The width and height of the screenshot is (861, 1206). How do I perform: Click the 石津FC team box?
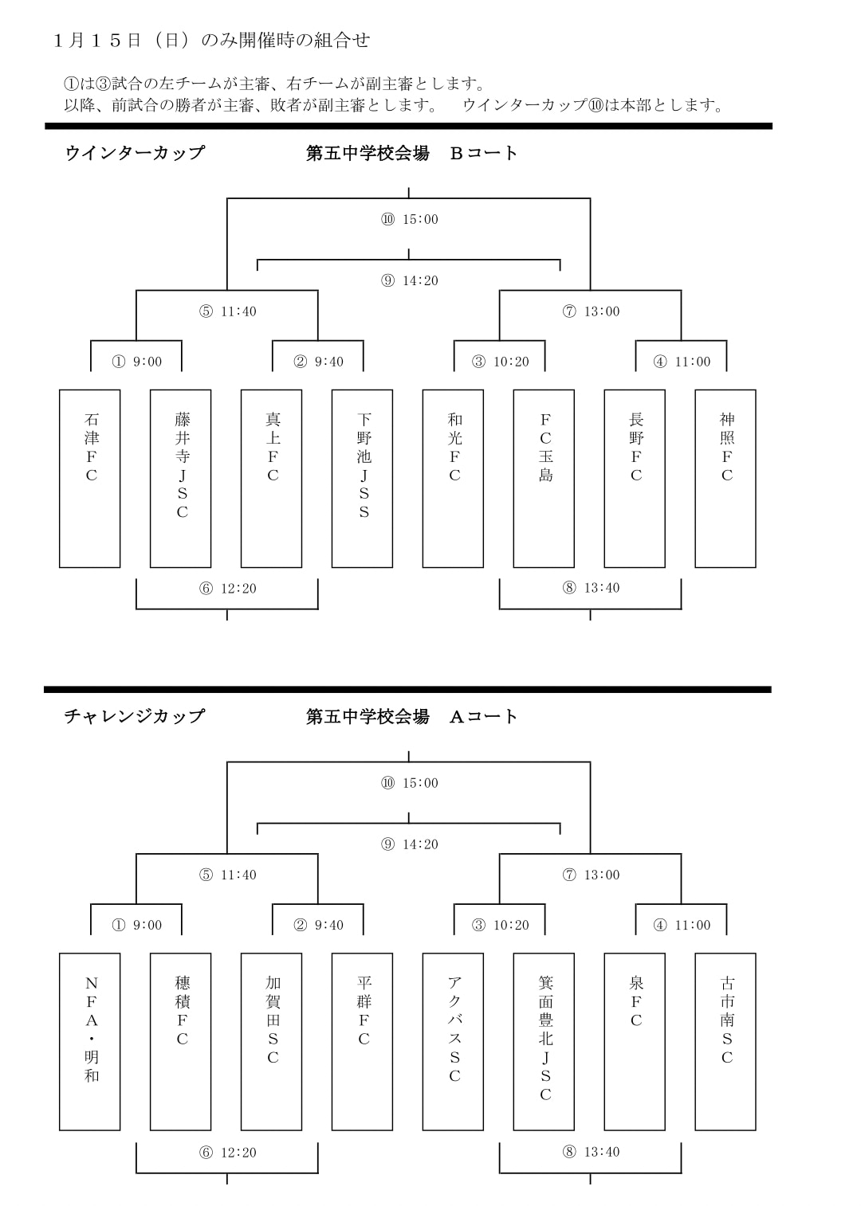(89, 478)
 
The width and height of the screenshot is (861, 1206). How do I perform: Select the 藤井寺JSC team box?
(180, 478)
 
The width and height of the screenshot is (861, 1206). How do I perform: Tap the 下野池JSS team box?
(362, 478)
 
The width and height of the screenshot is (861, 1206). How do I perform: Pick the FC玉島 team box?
(544, 478)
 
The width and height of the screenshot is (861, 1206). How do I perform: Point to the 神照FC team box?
(725, 478)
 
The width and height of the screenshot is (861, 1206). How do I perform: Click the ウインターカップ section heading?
(135, 153)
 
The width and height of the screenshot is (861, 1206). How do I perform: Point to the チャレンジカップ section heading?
(135, 716)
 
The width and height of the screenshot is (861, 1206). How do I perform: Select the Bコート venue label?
(483, 153)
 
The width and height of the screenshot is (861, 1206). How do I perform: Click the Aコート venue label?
(483, 716)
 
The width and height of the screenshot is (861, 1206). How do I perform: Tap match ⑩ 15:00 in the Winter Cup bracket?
(410, 219)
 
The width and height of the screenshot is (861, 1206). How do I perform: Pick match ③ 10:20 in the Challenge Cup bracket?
(501, 925)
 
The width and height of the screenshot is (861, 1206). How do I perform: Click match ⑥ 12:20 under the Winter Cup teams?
(227, 588)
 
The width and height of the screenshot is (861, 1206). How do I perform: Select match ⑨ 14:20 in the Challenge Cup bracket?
(410, 844)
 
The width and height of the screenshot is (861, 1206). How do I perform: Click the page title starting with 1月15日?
(212, 41)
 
